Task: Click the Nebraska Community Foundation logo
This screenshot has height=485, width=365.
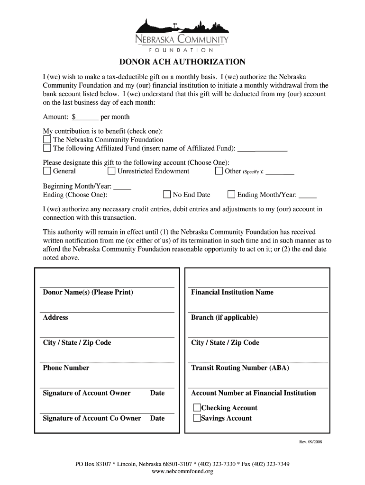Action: (x=182, y=35)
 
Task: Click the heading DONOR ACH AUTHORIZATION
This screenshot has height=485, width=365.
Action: (x=182, y=62)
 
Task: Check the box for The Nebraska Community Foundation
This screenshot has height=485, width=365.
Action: (x=47, y=140)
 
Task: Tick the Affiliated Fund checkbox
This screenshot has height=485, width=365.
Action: (x=47, y=148)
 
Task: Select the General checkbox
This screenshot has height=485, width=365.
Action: (x=47, y=171)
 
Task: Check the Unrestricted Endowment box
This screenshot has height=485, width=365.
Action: (x=111, y=171)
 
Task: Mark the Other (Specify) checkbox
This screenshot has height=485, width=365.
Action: (x=219, y=171)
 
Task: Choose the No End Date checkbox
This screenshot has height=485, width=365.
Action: (x=167, y=194)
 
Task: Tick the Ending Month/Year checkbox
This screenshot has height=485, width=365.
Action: (x=231, y=194)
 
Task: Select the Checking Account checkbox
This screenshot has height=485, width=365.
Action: (x=196, y=408)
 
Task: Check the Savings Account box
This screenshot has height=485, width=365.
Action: (x=196, y=418)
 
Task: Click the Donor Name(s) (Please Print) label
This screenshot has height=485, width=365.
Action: (x=88, y=292)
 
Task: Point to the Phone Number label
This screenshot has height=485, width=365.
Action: (x=66, y=368)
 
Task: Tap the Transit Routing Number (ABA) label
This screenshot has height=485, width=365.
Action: (x=240, y=368)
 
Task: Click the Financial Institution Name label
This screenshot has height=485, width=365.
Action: (x=232, y=292)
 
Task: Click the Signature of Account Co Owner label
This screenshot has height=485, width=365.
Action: (x=92, y=418)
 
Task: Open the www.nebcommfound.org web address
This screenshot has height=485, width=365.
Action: (x=182, y=471)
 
